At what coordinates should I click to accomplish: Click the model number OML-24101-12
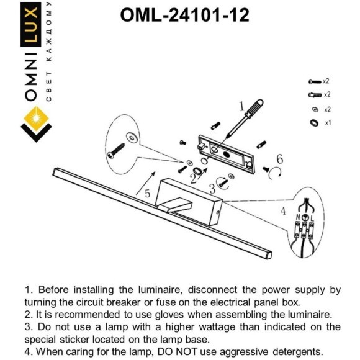pos(184,14)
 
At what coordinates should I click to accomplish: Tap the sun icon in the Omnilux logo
pos(32,117)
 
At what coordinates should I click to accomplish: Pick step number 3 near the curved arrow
pos(212,187)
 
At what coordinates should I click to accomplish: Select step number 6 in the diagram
pos(279,160)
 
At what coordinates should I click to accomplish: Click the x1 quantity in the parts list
pos(328,122)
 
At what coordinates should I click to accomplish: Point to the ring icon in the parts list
pos(313,122)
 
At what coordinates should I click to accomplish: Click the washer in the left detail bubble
pos(131,136)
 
